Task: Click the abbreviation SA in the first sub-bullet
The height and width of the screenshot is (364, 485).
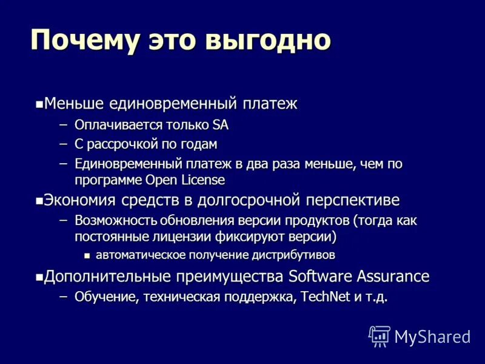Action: pyautogui.click(x=220, y=126)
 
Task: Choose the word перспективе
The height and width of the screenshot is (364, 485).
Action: pyautogui.click(x=352, y=200)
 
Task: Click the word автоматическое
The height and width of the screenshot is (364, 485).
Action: pyautogui.click(x=143, y=255)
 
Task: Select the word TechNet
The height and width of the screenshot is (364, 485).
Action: pyautogui.click(x=318, y=297)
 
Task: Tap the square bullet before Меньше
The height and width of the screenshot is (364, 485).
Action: pyautogui.click(x=39, y=104)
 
